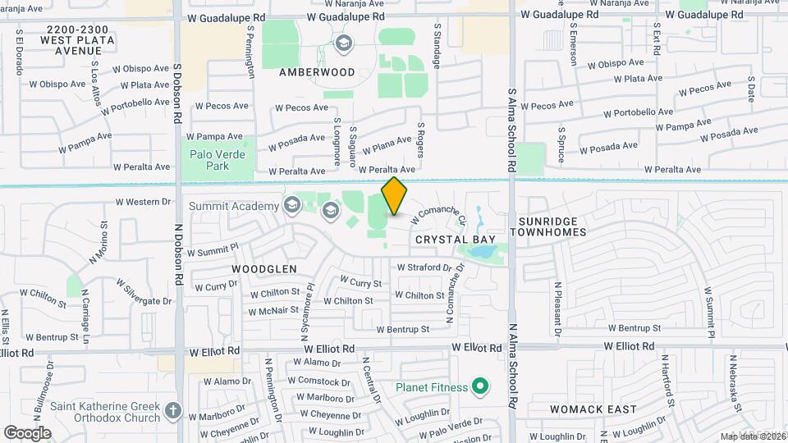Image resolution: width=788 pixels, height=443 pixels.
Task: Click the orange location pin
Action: (x=395, y=196)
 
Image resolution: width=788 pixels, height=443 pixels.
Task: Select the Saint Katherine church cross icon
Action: (x=172, y=410)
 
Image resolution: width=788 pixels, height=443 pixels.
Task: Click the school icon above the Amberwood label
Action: (x=343, y=43)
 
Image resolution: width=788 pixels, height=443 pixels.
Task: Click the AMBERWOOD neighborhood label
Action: (x=317, y=72)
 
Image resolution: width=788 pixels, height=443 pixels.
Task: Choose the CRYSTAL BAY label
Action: (x=447, y=239)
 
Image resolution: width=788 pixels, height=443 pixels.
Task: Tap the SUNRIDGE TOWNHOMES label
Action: (x=548, y=226)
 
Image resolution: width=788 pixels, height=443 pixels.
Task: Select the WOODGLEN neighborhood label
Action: (x=264, y=268)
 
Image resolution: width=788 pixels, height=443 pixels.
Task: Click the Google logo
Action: (x=27, y=432)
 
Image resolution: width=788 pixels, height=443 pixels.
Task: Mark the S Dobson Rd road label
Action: (x=177, y=90)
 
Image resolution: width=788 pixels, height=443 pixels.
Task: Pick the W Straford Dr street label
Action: (x=424, y=267)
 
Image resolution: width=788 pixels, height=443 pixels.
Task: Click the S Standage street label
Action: (x=438, y=46)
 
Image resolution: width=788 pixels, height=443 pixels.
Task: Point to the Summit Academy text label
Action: (x=234, y=205)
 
